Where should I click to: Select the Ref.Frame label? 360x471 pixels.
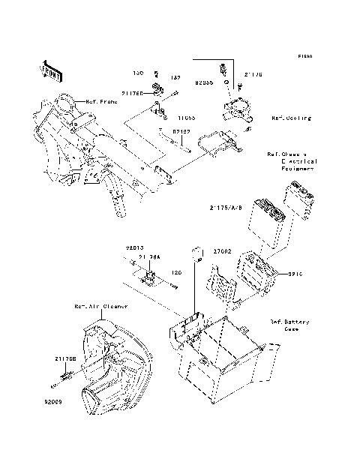(98, 101)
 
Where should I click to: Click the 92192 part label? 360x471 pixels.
(181, 131)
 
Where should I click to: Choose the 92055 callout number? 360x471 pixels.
(204, 76)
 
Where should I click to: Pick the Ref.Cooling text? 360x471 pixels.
(291, 118)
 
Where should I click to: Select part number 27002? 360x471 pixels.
(225, 252)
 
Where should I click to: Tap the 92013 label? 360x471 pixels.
(134, 246)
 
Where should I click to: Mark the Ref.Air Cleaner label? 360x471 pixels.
(100, 307)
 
